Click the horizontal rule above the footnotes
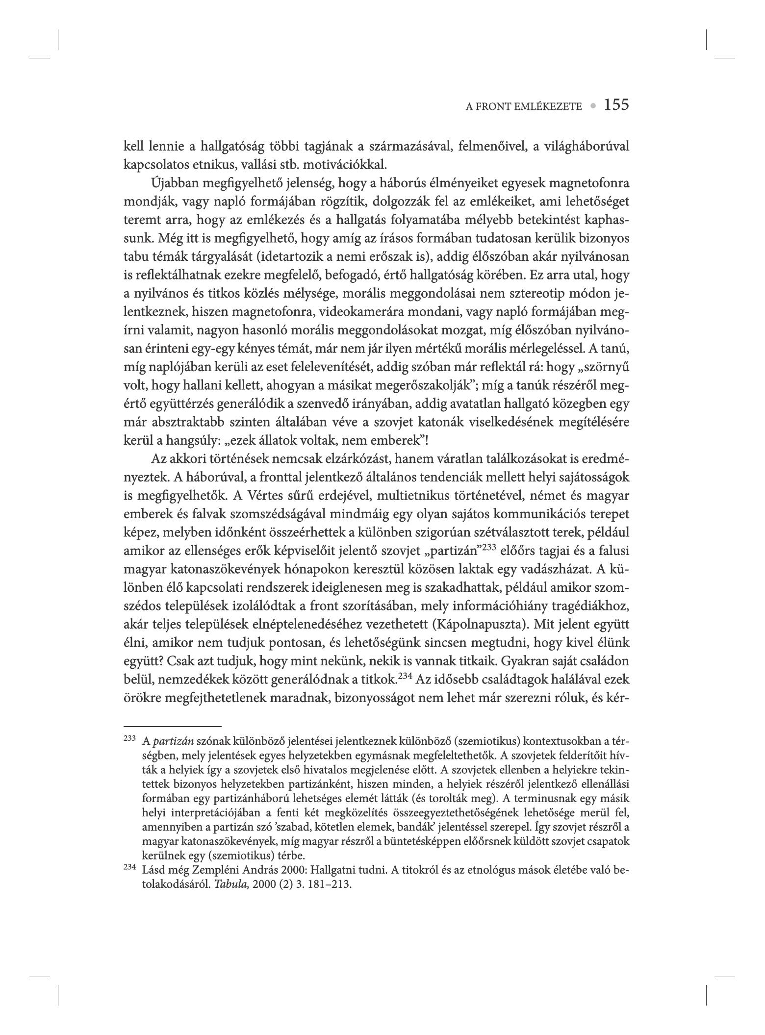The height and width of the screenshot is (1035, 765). pos(173,726)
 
